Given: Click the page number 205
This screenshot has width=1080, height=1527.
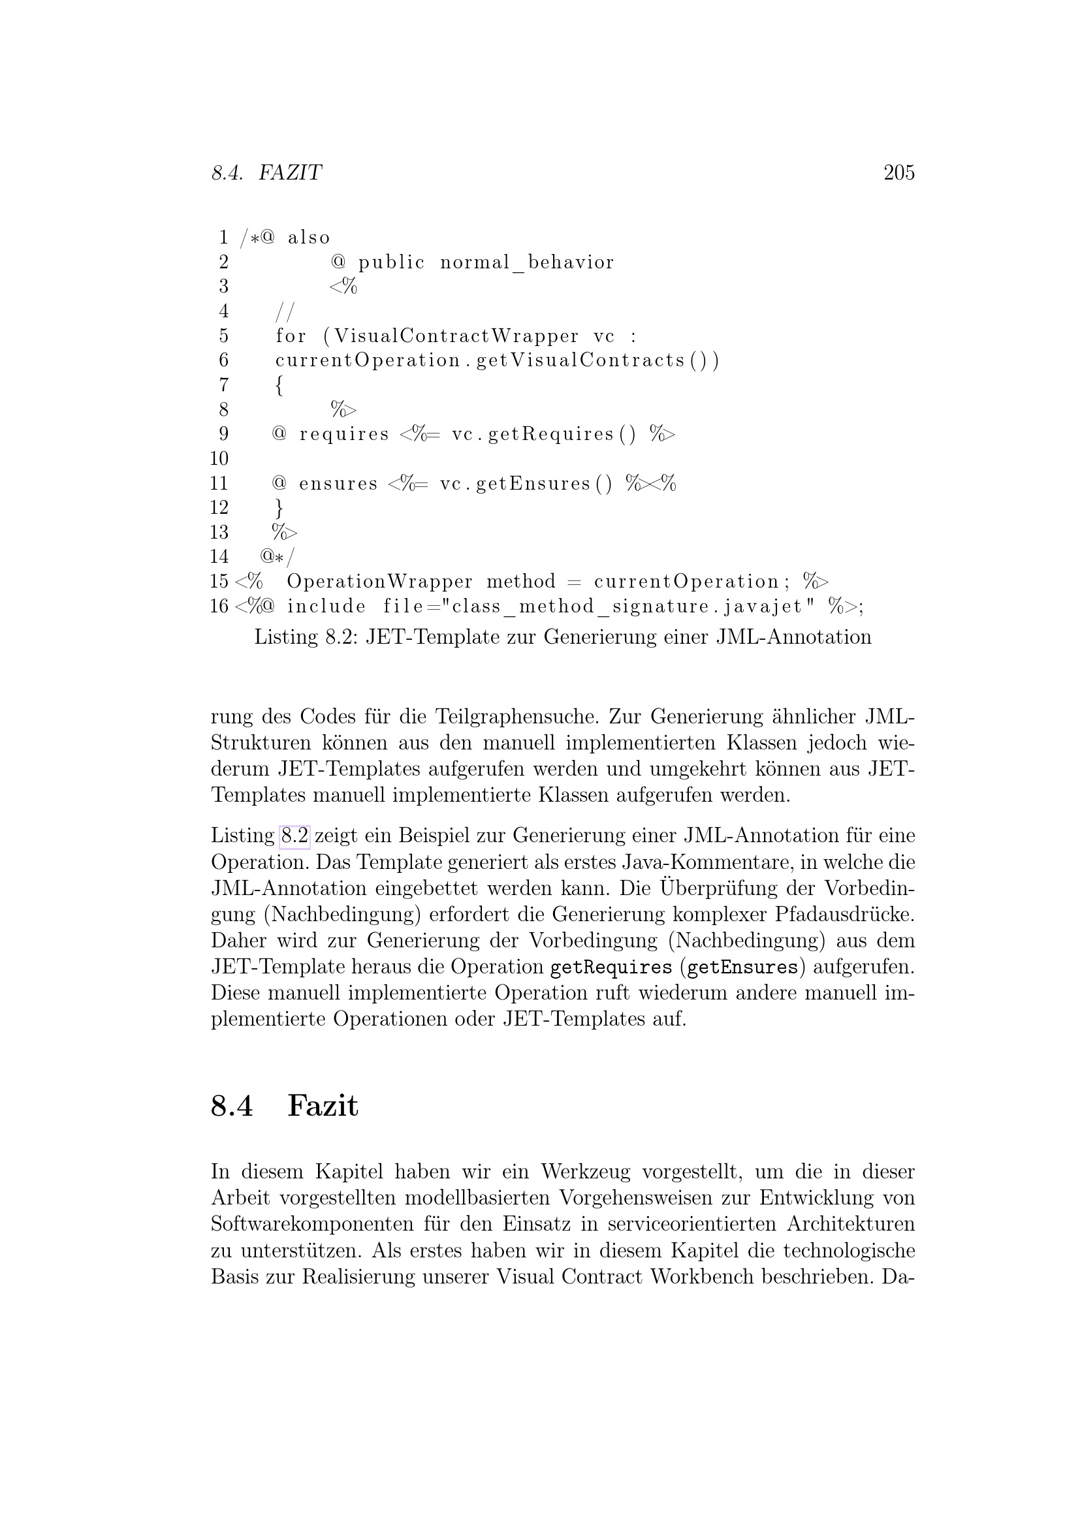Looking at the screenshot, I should (898, 173).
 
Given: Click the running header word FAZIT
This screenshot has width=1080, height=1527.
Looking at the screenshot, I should (289, 173).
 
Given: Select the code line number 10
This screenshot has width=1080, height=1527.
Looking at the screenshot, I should (219, 458).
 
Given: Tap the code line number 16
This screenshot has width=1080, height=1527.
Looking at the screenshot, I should (219, 606).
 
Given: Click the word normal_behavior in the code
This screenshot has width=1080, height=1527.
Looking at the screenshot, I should (527, 262).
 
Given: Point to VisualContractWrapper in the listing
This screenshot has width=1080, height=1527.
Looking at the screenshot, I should (456, 336).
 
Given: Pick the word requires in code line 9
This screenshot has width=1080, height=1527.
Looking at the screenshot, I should (344, 434).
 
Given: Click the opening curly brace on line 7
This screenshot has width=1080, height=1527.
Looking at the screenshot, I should (279, 385).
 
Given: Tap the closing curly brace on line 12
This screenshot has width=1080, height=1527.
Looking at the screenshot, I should (279, 508).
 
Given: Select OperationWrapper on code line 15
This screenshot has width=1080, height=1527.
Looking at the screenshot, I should (379, 582).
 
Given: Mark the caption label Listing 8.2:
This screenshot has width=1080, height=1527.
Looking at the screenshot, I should (307, 637).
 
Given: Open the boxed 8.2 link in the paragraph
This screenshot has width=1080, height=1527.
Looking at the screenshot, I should (294, 836).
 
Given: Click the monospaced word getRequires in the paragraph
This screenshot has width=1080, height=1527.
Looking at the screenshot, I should (611, 967).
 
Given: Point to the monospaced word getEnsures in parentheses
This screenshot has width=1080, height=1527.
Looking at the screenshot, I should (742, 967).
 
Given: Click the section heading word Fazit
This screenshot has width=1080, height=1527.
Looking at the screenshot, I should (323, 1106).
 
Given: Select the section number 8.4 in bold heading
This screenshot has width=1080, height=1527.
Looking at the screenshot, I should (231, 1106).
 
